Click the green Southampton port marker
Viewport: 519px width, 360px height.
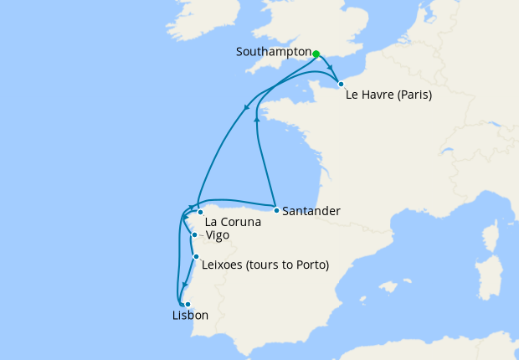316,54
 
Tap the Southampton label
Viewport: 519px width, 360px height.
274,52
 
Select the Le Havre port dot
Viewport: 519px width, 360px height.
341,84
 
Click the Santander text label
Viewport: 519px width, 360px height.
311,211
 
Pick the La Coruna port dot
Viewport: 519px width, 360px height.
200,213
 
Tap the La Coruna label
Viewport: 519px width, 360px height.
233,223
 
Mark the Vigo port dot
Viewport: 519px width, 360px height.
194,235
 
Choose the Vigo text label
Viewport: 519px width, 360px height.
216,236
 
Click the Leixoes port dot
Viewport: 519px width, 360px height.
196,257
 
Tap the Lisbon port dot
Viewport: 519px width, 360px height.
188,304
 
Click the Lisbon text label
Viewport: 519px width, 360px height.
189,316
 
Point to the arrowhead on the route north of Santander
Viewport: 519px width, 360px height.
256,121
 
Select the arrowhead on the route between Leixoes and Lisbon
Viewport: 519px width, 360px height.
184,285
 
